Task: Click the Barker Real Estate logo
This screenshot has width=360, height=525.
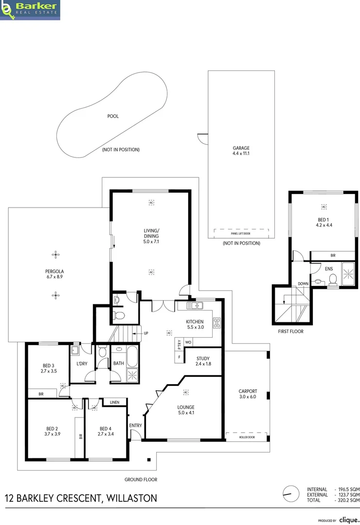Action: pyautogui.click(x=30, y=10)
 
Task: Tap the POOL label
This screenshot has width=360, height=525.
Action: pyautogui.click(x=113, y=116)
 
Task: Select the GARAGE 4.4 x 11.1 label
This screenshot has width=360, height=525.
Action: pyautogui.click(x=241, y=151)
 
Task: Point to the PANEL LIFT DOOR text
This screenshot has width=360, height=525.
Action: pyautogui.click(x=241, y=233)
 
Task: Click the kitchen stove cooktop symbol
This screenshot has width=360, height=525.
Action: pyautogui.click(x=217, y=321)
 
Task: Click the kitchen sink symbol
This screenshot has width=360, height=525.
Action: pyautogui.click(x=197, y=306)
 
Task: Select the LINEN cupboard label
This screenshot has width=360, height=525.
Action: pyautogui.click(x=115, y=402)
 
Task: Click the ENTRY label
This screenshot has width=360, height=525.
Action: pyautogui.click(x=135, y=425)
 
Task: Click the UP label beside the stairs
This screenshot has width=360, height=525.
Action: pyautogui.click(x=145, y=333)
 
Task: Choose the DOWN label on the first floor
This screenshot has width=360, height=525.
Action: pyautogui.click(x=303, y=283)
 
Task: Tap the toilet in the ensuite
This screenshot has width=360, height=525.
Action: pyautogui.click(x=333, y=279)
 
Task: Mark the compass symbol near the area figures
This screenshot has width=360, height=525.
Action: pyautogui.click(x=290, y=493)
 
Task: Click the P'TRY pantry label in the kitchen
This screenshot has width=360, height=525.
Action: pyautogui.click(x=180, y=345)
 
